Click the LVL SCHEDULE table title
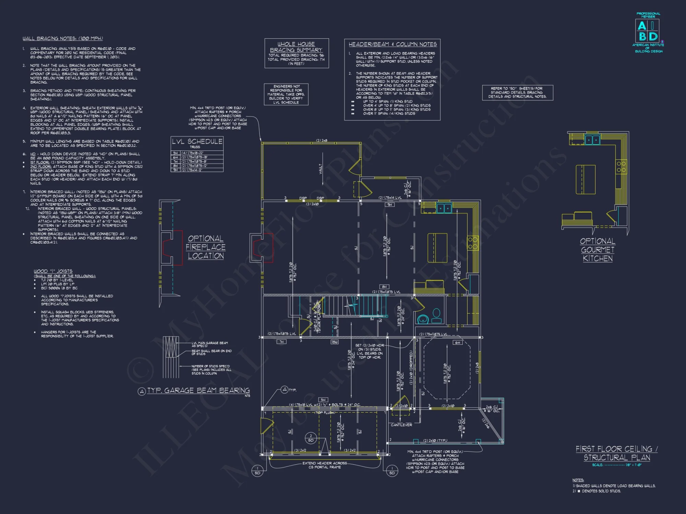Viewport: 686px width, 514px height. tap(197, 142)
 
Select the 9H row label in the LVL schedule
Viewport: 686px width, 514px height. tap(175, 170)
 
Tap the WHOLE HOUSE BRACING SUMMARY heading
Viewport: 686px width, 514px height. tap(296, 47)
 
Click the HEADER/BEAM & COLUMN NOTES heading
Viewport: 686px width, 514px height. tap(392, 44)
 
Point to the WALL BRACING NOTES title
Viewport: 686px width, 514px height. tap(62, 38)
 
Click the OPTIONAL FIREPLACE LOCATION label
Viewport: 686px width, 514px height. tap(206, 247)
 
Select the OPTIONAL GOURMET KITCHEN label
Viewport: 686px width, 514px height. tap(598, 250)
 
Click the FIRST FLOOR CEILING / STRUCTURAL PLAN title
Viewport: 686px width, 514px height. tap(616, 453)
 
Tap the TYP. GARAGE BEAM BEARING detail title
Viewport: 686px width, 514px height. tap(198, 391)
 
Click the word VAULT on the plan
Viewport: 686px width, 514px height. tap(321, 169)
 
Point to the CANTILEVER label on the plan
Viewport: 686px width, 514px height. tap(401, 425)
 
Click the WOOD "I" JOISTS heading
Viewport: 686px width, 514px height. tap(53, 271)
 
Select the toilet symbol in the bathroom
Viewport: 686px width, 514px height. tap(436, 316)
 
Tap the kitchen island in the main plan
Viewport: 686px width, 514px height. tap(437, 248)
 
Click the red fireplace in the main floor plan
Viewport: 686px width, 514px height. tap(262, 248)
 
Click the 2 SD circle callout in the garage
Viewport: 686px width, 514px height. tap(311, 438)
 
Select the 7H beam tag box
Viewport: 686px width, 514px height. tap(282, 342)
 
